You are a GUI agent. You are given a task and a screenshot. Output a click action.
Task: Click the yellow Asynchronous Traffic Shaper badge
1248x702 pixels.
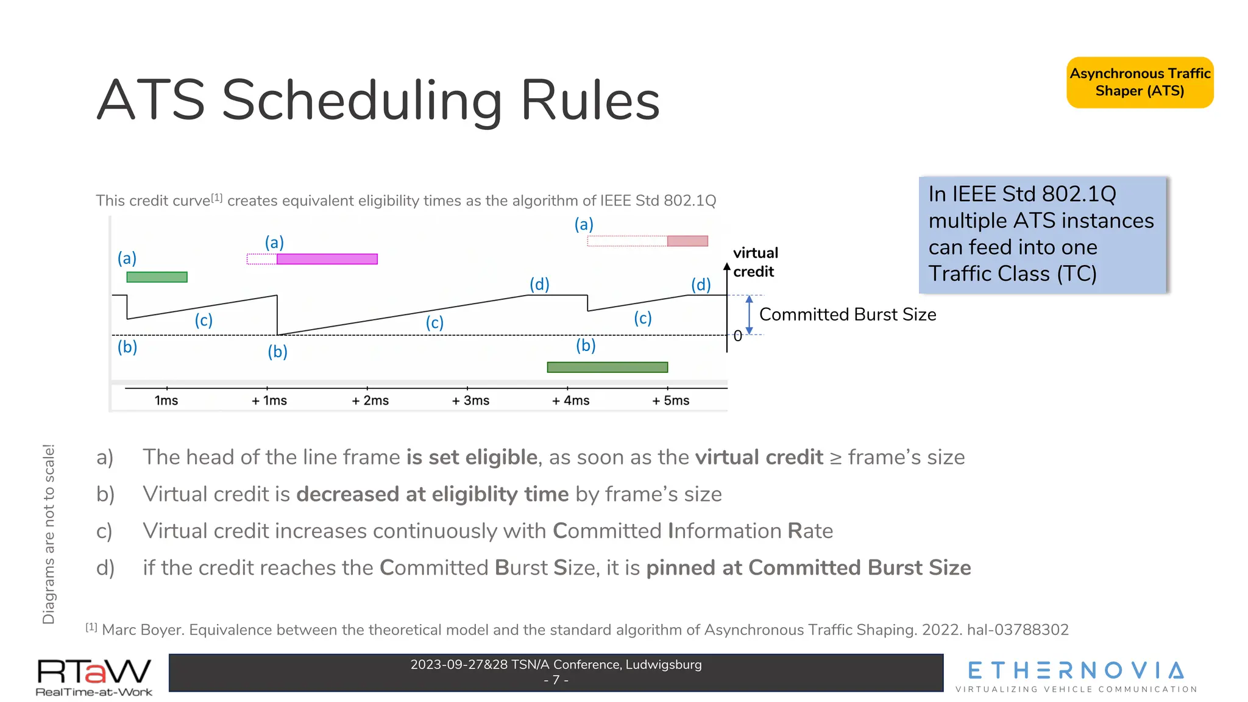(1140, 82)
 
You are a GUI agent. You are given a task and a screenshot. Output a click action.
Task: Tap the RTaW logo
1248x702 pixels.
(94, 676)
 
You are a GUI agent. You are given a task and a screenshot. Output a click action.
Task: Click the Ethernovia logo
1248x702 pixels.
(1076, 676)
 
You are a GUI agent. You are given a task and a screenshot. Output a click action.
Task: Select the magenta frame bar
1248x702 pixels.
(327, 259)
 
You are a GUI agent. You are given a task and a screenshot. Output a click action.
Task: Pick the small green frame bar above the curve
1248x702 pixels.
(157, 277)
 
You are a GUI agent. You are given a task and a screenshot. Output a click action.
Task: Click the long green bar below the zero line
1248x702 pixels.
(607, 367)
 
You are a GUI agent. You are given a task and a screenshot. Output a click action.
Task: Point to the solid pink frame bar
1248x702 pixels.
(687, 241)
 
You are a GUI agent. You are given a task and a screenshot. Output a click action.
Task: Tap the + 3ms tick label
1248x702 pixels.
(470, 400)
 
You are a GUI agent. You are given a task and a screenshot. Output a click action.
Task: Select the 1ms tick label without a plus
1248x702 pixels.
(166, 400)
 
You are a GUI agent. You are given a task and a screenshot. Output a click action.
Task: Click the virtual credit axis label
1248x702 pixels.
(755, 262)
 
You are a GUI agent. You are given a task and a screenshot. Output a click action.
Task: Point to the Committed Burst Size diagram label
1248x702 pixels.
(847, 314)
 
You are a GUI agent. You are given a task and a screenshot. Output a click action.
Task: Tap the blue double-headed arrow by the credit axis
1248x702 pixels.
(749, 315)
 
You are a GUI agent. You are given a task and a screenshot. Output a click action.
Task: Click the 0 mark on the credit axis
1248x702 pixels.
(737, 336)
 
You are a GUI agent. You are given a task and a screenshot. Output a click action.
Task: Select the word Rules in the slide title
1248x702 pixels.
(590, 101)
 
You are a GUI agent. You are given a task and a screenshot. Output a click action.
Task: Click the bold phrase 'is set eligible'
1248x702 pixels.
(472, 457)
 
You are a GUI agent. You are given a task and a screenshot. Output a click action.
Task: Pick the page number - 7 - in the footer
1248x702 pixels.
(556, 680)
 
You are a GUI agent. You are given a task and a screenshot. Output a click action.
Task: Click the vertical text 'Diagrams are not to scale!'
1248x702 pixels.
(49, 534)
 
